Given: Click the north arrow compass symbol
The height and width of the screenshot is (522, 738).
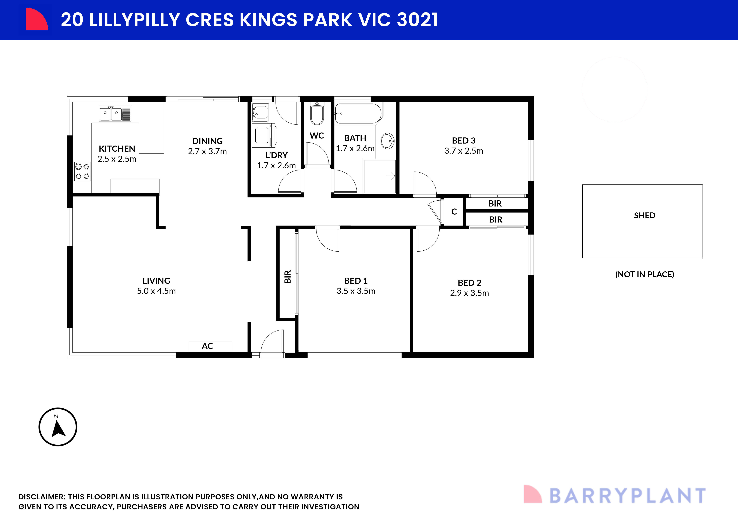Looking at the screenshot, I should click(58, 427).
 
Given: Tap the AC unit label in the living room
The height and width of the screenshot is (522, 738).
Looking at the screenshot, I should click(207, 346).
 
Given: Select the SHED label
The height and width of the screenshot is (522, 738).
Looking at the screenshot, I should click(645, 215).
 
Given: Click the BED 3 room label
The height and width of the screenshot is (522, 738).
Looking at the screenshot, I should click(464, 140).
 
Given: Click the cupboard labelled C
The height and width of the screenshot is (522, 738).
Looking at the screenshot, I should click(454, 212).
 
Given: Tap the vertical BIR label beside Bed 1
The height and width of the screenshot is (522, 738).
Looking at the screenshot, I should click(287, 276).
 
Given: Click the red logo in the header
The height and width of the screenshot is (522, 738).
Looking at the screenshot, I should click(36, 19).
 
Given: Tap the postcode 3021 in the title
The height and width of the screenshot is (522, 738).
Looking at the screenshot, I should click(417, 20).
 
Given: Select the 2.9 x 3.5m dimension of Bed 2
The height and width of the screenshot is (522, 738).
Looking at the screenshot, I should click(469, 293).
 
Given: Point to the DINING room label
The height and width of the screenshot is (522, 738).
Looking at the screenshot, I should click(207, 141).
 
